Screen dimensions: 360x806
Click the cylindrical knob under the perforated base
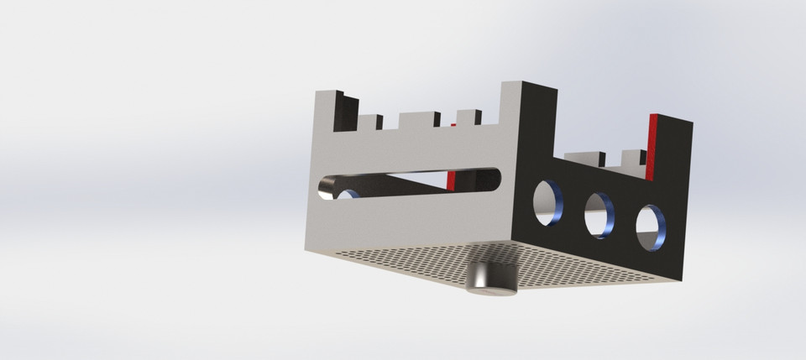click(x=491, y=279)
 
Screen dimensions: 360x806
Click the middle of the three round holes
click(x=599, y=215)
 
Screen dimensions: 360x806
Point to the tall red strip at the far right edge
click(x=652, y=147)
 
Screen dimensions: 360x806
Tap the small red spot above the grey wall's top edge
click(x=453, y=124)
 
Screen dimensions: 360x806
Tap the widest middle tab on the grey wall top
click(x=418, y=120)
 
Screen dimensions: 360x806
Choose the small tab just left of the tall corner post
click(x=468, y=117)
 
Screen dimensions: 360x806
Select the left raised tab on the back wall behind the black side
click(x=584, y=158)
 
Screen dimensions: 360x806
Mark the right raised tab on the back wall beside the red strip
click(x=631, y=157)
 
